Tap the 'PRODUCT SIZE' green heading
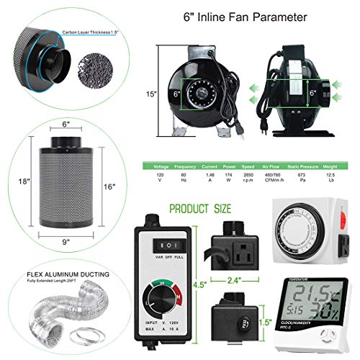[x=200, y=209]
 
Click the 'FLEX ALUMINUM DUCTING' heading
[x=55, y=274]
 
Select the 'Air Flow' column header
[x=276, y=165]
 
